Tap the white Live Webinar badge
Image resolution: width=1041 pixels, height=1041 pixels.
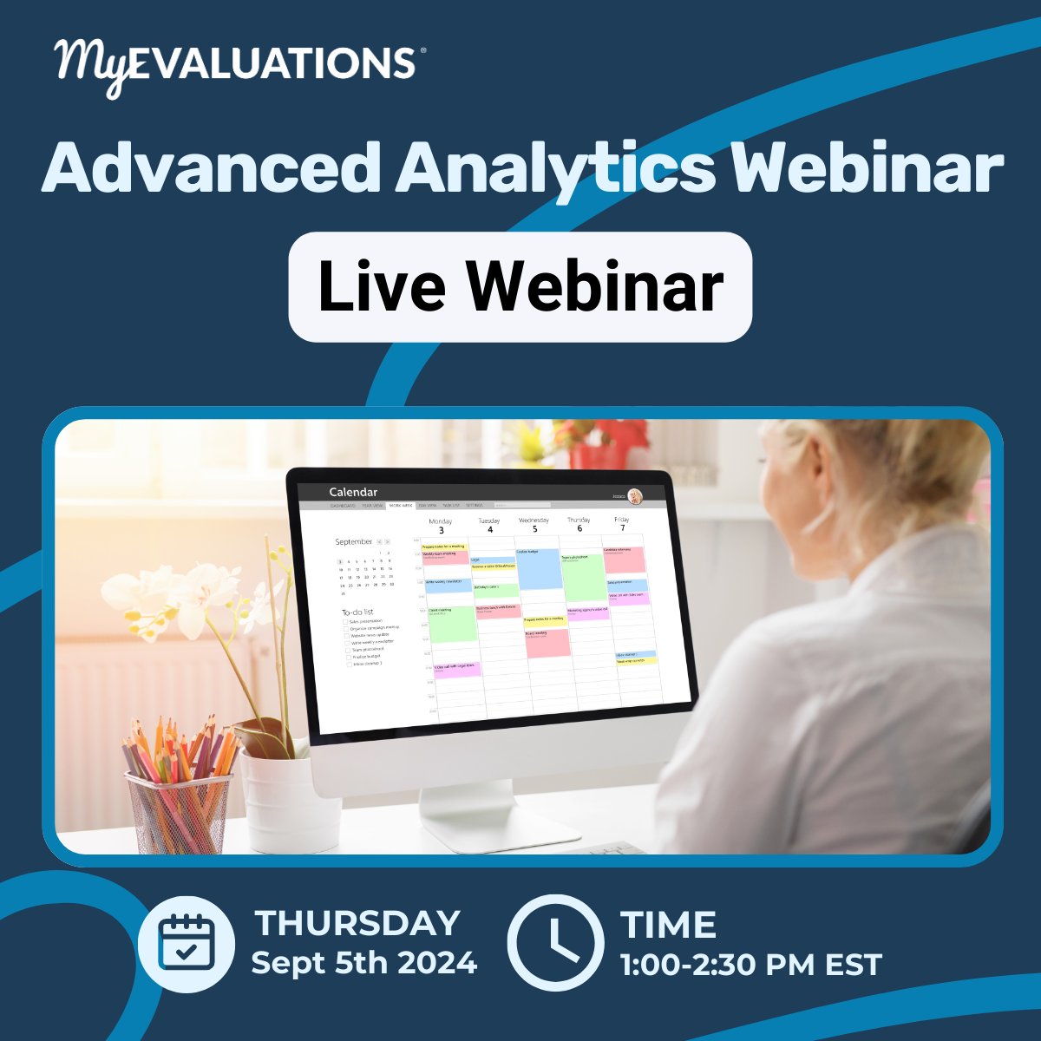(x=520, y=287)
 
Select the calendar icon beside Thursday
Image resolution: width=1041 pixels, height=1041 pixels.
(x=186, y=944)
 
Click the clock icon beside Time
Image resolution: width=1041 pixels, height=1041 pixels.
(x=555, y=944)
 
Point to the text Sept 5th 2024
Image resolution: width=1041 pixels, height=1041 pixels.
(x=364, y=963)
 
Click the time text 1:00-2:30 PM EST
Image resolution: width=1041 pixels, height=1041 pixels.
(x=751, y=965)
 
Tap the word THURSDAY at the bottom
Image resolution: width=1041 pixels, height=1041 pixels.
(x=357, y=923)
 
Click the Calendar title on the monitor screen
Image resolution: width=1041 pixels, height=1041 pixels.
(x=353, y=492)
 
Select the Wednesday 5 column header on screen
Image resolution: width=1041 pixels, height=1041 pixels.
(x=534, y=525)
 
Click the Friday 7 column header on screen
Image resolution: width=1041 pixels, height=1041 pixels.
(x=622, y=523)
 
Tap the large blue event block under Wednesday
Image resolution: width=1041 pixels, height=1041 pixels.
(x=538, y=569)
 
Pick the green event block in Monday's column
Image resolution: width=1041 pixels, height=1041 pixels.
(x=452, y=624)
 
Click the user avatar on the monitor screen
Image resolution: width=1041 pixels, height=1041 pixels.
(x=636, y=496)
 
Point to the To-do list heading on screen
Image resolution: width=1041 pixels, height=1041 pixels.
(x=357, y=612)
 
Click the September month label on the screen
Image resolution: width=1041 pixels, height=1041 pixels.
(x=354, y=541)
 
